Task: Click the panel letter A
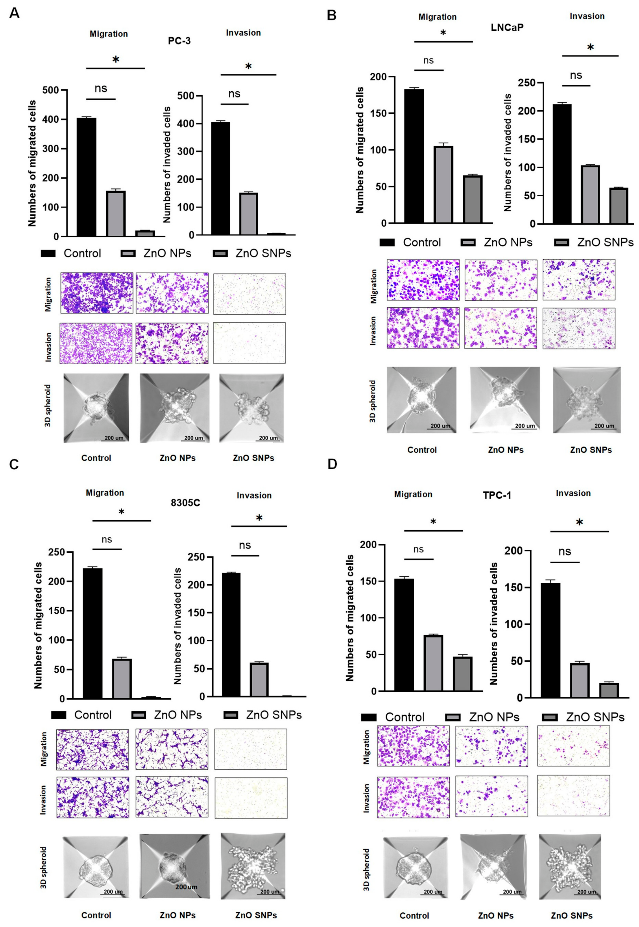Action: (x=14, y=13)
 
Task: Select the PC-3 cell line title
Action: (x=179, y=41)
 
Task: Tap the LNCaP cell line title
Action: (x=507, y=27)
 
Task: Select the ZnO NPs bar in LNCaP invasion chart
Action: (x=590, y=195)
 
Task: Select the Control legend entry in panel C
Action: (x=82, y=715)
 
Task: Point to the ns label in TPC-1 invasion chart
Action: (x=564, y=552)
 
